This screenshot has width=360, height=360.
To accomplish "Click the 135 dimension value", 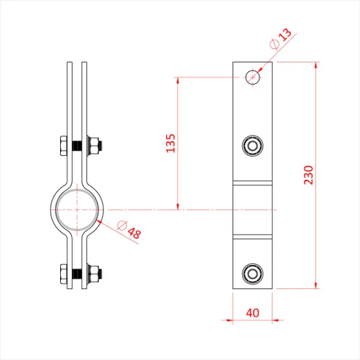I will [x=170, y=143].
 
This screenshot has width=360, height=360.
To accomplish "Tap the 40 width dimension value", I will [x=253, y=310].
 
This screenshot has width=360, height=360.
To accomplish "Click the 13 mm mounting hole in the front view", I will [x=253, y=76].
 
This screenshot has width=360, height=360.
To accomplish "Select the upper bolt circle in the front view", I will [x=253, y=146].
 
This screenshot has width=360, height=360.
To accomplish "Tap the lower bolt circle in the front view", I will [x=253, y=274].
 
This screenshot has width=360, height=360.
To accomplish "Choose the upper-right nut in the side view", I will [x=94, y=147].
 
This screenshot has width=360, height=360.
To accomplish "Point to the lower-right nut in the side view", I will [x=94, y=275].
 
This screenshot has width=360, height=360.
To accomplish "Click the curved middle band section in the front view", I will [x=253, y=209].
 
